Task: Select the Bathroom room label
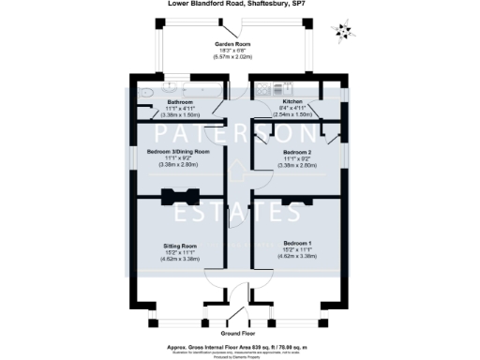180,101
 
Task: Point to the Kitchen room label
292,101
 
